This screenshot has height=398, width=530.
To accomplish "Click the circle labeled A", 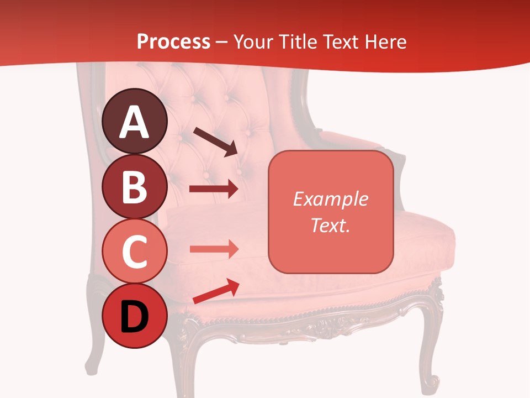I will point(134,121).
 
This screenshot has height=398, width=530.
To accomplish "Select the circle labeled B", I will point(134,186).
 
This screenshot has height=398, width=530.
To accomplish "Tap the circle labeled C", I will point(134,251).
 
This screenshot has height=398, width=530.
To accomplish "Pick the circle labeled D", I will point(134,316).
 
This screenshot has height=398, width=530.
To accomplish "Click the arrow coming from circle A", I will point(215,142).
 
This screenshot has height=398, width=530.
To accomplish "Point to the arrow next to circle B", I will point(214,189).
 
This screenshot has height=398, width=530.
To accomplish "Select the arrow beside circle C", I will point(214,249).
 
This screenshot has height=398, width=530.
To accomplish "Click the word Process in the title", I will point(173,41).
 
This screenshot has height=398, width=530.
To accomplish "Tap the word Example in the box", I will point(330,199).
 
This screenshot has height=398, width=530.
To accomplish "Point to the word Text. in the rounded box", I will point(330,225).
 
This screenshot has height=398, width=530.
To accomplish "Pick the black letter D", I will point(134,317).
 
